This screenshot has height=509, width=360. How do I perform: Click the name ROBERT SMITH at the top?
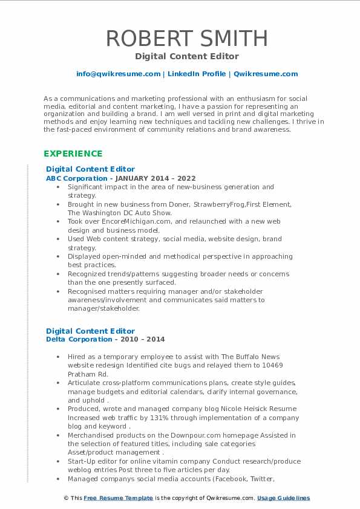[186, 38]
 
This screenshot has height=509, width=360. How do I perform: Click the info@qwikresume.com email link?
[118, 74]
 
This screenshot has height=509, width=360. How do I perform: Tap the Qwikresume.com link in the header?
[266, 74]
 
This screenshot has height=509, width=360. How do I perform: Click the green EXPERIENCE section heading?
[73, 154]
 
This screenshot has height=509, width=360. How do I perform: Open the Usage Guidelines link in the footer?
[283, 498]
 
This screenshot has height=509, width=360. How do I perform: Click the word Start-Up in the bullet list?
[82, 461]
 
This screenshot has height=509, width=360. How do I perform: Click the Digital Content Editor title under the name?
[187, 56]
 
